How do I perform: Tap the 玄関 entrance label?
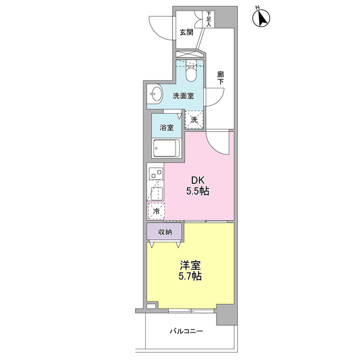click(187, 33)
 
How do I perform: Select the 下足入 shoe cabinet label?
click(209, 19)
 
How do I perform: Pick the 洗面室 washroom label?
click(183, 96)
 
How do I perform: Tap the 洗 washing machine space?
click(194, 119)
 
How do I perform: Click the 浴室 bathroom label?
click(166, 127)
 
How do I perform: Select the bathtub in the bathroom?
click(167, 150)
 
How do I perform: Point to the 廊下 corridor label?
click(220, 77)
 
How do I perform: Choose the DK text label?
click(198, 180)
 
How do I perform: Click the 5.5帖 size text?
click(198, 191)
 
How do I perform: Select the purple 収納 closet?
click(165, 232)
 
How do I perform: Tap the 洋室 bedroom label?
click(190, 265)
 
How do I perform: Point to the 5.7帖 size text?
click(190, 277)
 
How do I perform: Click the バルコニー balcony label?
click(186, 331)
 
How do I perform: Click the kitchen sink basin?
click(156, 192)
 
